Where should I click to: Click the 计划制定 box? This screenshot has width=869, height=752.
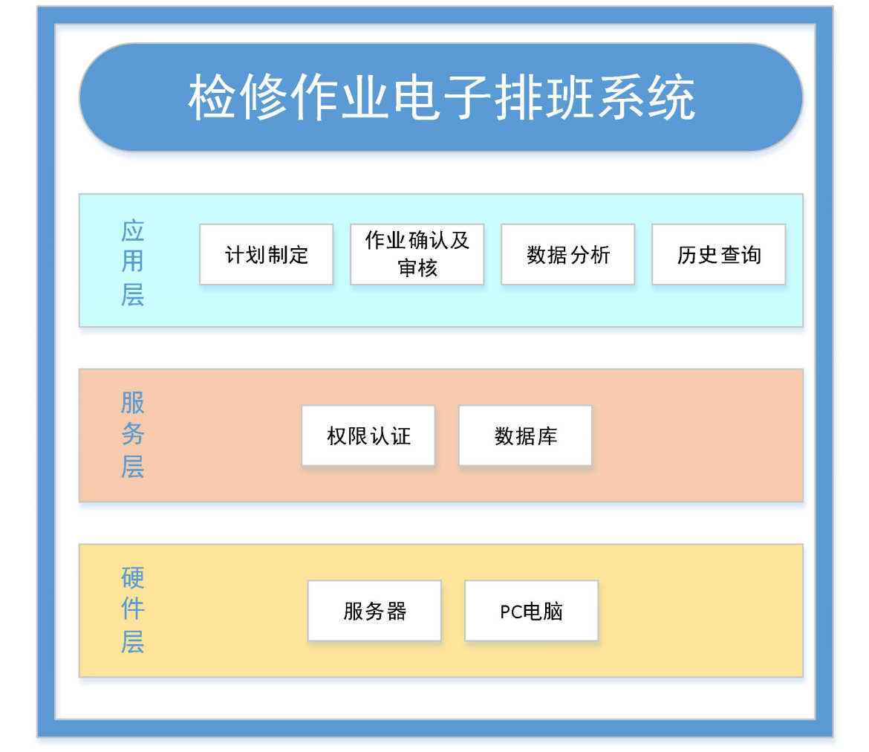(x=266, y=255)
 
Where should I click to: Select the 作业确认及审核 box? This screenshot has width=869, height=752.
(x=417, y=255)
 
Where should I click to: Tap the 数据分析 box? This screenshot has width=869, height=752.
(x=567, y=255)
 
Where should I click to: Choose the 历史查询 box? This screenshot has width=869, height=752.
(x=718, y=255)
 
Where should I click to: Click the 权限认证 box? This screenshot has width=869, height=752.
(x=368, y=435)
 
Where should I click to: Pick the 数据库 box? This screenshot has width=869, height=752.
(x=525, y=435)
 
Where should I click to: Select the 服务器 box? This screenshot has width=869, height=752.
(x=374, y=611)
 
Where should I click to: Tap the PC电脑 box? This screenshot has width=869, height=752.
(x=531, y=611)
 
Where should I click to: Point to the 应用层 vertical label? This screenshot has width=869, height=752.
(x=132, y=262)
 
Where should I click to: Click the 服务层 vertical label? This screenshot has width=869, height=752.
(x=132, y=434)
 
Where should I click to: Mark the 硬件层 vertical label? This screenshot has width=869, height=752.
(x=132, y=609)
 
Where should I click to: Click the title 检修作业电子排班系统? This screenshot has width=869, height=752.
(x=441, y=97)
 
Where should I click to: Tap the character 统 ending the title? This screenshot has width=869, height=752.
(x=671, y=97)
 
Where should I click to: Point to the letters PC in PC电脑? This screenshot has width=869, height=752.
(x=510, y=612)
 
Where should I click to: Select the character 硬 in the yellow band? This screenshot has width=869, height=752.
(x=132, y=578)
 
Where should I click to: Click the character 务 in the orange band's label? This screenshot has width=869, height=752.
(x=132, y=434)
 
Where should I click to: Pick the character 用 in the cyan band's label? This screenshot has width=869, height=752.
(x=132, y=262)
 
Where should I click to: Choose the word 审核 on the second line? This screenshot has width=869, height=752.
(x=417, y=268)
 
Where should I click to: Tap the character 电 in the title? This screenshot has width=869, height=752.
(x=417, y=97)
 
